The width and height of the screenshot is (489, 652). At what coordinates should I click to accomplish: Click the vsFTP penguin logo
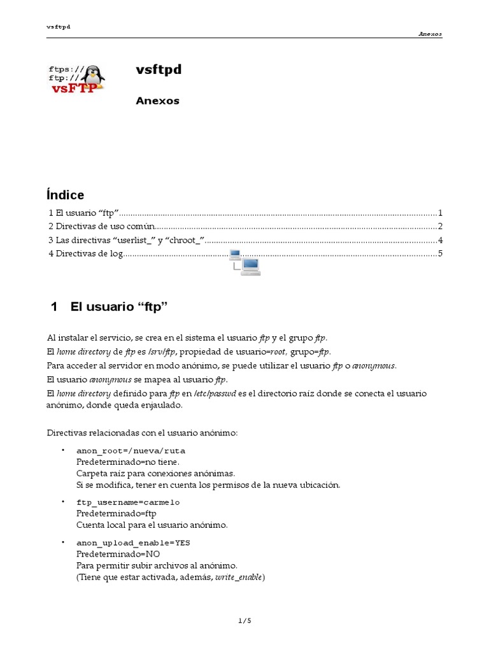77,79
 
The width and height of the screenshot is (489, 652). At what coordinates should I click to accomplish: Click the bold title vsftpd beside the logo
159,70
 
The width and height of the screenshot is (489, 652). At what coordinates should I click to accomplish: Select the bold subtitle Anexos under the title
157,101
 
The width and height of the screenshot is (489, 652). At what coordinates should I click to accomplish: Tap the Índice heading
66,195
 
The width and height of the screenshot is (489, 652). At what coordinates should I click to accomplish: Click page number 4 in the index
439,241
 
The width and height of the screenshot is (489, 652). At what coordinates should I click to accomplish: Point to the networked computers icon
245,262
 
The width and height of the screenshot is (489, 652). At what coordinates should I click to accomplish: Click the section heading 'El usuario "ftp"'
118,307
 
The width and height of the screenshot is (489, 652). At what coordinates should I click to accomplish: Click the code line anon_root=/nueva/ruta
131,451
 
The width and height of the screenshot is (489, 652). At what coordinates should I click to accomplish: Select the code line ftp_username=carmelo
128,502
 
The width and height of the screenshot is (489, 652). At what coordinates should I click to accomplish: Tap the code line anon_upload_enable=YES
133,543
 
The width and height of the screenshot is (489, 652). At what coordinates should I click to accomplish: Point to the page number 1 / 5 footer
244,621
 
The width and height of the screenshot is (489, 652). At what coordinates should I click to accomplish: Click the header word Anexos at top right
430,34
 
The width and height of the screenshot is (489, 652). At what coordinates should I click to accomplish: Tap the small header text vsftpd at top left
58,27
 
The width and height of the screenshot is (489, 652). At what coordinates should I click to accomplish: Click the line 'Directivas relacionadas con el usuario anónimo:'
142,433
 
